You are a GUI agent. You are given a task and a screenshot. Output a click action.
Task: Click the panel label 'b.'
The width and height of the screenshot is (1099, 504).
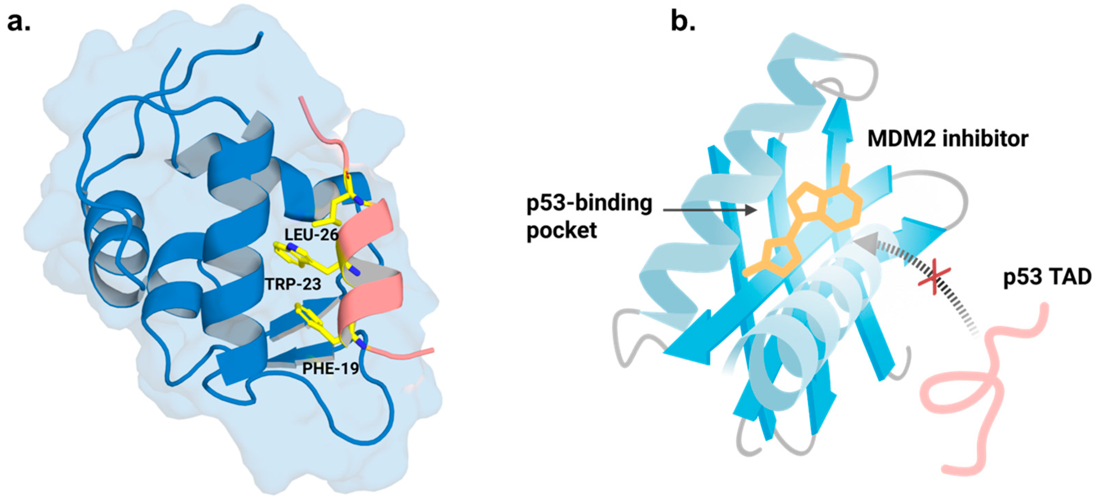(x=683, y=21)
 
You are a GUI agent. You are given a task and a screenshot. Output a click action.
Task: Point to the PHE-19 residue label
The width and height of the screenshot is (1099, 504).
(x=331, y=368)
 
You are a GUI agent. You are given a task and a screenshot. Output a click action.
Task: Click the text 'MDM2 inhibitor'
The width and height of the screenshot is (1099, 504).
(x=948, y=139)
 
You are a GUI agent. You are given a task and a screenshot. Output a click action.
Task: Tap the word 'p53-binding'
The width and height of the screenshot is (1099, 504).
(x=589, y=203)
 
